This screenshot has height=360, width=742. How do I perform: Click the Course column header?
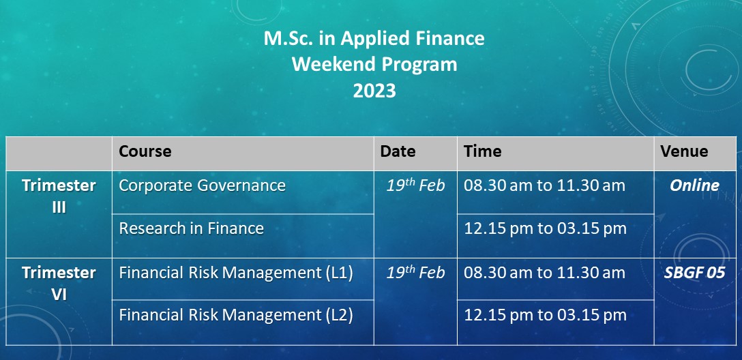(145, 151)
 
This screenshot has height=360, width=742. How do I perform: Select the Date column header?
(398, 151)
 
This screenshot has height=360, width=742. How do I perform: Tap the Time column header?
(482, 151)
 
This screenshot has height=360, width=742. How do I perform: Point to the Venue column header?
(684, 151)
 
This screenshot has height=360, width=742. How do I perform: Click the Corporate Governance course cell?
(202, 185)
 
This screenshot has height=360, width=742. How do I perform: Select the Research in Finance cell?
(191, 228)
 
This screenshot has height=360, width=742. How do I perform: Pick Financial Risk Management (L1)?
(236, 273)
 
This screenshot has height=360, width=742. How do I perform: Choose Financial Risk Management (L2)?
(236, 316)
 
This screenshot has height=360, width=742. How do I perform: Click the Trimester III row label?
(59, 196)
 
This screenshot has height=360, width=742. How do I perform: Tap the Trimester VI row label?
(59, 284)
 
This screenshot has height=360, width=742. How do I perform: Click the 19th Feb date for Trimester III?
(415, 185)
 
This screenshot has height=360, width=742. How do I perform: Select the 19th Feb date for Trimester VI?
(415, 273)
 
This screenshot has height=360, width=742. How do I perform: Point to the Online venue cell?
(694, 185)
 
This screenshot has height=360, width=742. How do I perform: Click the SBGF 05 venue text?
(694, 273)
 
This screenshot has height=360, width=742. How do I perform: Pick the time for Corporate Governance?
(545, 185)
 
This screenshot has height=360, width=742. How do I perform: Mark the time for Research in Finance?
(545, 228)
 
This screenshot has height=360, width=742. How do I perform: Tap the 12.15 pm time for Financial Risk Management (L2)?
(545, 316)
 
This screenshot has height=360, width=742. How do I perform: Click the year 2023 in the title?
(374, 91)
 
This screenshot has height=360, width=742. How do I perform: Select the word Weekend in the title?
(331, 64)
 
